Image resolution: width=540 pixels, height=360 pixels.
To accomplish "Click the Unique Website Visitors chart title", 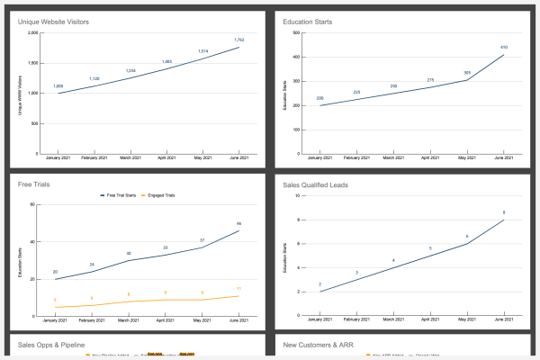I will pyautogui.click(x=55, y=21).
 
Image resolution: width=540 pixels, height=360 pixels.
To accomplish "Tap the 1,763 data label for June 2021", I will pyautogui.click(x=238, y=40).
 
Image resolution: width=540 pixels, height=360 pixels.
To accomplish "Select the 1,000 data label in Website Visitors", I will pyautogui.click(x=58, y=86).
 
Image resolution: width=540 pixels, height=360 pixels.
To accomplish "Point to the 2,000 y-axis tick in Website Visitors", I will pyautogui.click(x=33, y=34).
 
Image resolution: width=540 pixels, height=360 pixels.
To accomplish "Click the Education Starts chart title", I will pyautogui.click(x=310, y=21).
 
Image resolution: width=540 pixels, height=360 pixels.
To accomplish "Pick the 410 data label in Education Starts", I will pyautogui.click(x=505, y=47).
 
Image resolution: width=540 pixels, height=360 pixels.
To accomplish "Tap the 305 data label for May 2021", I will pyautogui.click(x=467, y=73).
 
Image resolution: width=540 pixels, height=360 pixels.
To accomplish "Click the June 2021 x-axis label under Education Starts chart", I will pyautogui.click(x=504, y=157).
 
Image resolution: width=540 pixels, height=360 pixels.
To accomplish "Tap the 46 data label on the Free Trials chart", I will pyautogui.click(x=238, y=223).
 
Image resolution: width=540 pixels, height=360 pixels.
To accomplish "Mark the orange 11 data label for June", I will pyautogui.click(x=238, y=288).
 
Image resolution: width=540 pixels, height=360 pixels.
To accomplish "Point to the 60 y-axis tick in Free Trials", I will pyautogui.click(x=33, y=205).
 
